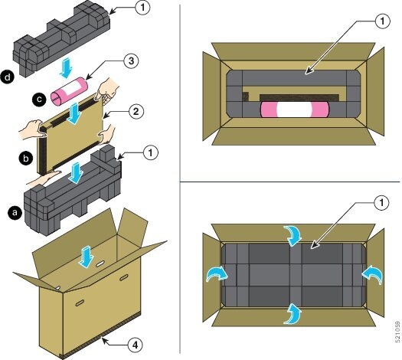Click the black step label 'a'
click(x=15, y=213)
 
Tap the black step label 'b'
click(x=26, y=159)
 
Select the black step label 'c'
click(x=40, y=100)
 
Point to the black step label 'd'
click(x=7, y=77)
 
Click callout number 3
click(x=131, y=61)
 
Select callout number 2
click(x=136, y=112)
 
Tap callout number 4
click(x=135, y=345)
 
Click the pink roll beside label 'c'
click(x=69, y=92)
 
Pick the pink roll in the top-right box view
click(x=294, y=110)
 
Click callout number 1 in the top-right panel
click(x=382, y=21)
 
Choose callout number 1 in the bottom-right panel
click(x=382, y=203)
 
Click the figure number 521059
click(x=397, y=332)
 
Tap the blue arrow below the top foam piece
click(x=66, y=67)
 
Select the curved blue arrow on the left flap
click(x=217, y=274)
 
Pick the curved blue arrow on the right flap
click(x=372, y=275)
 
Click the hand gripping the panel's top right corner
click(x=106, y=90)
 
